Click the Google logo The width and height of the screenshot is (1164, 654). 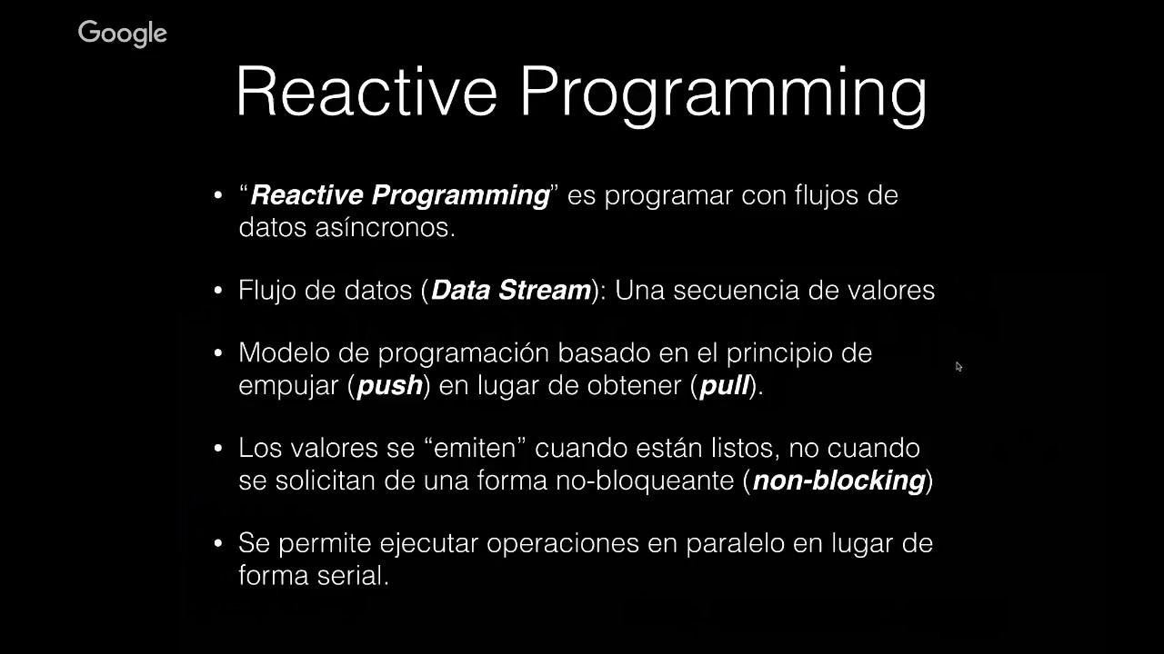(x=123, y=34)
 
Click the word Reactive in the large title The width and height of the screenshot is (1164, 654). (x=366, y=92)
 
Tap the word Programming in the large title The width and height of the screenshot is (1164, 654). (x=723, y=96)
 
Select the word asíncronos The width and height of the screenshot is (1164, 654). (x=385, y=227)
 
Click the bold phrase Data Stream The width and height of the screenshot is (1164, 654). (x=511, y=290)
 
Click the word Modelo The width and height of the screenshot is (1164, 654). (x=285, y=353)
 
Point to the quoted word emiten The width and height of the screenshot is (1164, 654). (x=475, y=448)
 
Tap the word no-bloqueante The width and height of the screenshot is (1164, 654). (x=645, y=481)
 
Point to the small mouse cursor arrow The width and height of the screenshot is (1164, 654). (x=958, y=366)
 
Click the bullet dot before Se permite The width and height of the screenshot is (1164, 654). (x=218, y=543)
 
